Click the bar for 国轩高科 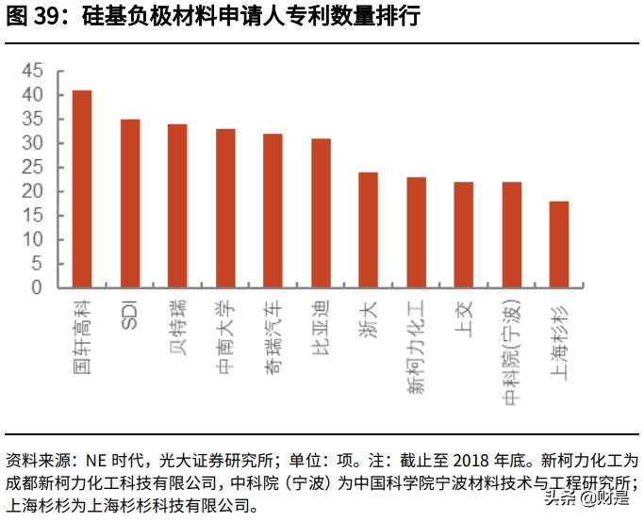pos(82,188)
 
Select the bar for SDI pos(130,203)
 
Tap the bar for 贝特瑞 pos(177,205)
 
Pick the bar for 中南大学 pos(225,207)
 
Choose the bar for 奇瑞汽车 pos(272,210)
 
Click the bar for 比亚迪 pos(321,212)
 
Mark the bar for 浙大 pos(368,229)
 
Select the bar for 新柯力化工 pos(416,232)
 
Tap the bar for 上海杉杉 pos(558,244)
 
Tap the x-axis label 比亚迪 pos(321,325)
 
